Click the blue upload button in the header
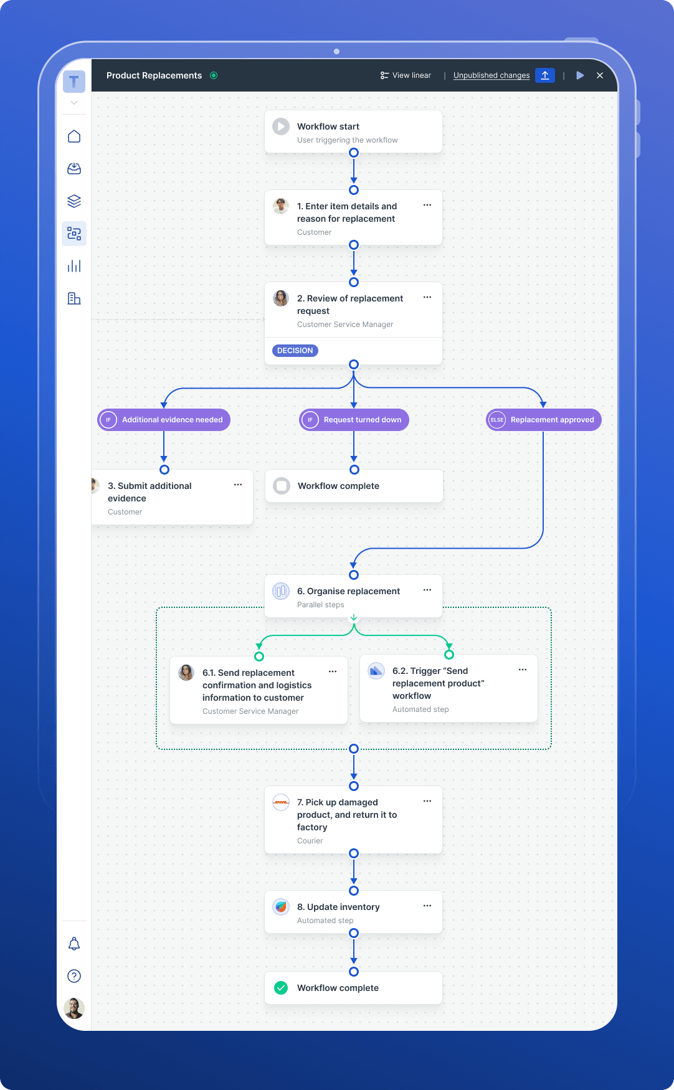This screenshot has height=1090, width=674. (544, 75)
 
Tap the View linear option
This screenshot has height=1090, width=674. (406, 75)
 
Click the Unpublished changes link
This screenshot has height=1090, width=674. (491, 75)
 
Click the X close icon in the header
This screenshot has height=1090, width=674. (600, 75)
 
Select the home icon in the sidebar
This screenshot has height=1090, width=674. (74, 136)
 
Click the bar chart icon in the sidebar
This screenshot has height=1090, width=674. (74, 266)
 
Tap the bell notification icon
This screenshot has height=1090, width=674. (74, 944)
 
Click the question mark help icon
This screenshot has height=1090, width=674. (74, 976)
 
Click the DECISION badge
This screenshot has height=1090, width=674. (295, 351)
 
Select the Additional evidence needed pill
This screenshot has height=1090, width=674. (164, 420)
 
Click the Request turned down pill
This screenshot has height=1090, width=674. (354, 420)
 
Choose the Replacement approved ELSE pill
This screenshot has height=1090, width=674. (543, 420)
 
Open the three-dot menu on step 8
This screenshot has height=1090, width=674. (427, 906)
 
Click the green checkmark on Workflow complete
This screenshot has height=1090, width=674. (281, 988)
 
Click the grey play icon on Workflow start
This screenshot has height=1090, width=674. (281, 126)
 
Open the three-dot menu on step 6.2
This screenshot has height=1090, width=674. (523, 670)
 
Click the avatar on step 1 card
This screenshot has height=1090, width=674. (281, 206)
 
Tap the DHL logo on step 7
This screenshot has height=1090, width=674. (281, 802)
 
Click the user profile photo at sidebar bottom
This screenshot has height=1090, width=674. (74, 1008)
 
